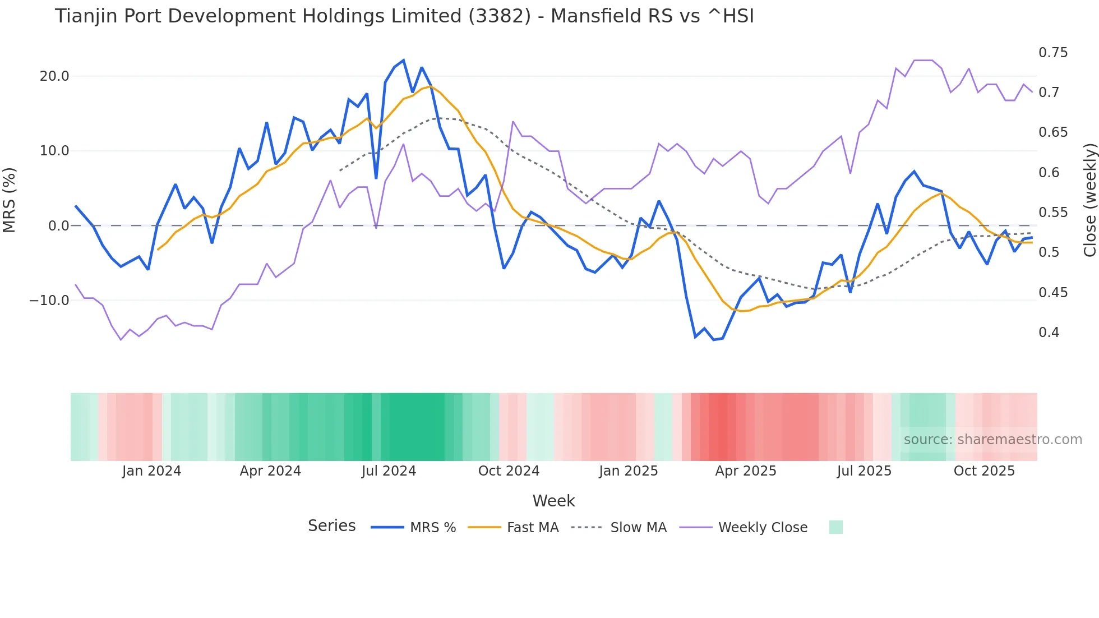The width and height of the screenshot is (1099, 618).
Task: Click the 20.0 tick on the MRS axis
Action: pos(54,76)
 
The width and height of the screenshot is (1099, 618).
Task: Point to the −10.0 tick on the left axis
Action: pos(49,301)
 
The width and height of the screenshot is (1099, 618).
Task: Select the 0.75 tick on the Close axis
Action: pos(1053,53)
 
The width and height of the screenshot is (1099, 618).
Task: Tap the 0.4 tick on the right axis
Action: pos(1049,333)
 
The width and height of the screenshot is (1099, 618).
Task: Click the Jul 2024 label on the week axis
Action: pos(389,471)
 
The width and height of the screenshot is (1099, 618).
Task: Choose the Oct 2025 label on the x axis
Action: pos(984,471)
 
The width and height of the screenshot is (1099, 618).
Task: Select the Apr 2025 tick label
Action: pos(745,471)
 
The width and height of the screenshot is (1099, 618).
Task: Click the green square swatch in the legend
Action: pos(835,527)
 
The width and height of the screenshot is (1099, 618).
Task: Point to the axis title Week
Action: pos(553,501)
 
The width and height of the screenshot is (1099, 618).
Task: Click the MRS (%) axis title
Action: pos(10,200)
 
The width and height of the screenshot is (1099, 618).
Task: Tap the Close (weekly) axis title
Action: pos(1089,200)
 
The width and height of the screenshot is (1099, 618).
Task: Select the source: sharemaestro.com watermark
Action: pos(992,440)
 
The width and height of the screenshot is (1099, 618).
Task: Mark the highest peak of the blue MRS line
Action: pos(404,61)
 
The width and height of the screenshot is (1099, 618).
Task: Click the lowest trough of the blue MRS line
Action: pos(714,340)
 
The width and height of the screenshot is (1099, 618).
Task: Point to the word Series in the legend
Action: pos(331,526)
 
